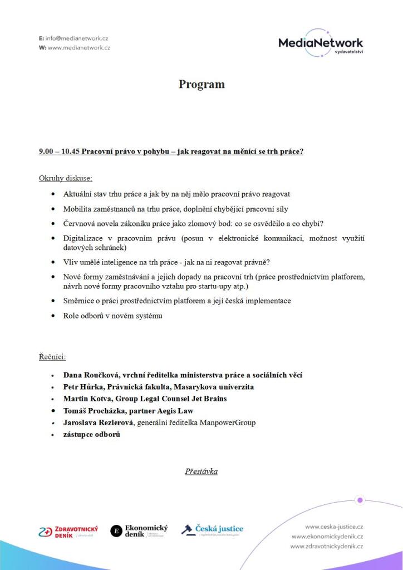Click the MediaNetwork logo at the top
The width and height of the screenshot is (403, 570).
(x=321, y=43)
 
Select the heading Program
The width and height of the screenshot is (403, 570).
(x=202, y=85)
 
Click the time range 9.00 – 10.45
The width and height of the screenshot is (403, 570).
(x=60, y=151)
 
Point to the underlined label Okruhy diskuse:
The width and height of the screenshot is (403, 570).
(x=66, y=179)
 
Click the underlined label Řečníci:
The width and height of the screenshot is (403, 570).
(x=52, y=357)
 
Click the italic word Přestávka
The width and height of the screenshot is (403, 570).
(x=202, y=471)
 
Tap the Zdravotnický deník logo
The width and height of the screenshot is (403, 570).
(x=68, y=532)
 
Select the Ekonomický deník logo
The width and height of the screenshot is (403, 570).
(x=139, y=530)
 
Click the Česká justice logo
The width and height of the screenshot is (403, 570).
(x=212, y=530)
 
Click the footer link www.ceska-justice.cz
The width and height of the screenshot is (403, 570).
(x=334, y=526)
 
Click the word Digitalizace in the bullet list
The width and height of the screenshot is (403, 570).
(x=86, y=238)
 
